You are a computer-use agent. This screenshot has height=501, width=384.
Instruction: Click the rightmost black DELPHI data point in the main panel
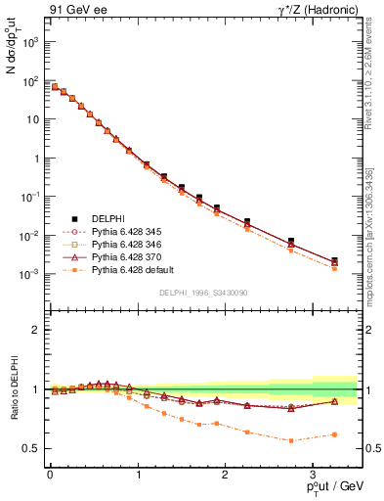click(334, 261)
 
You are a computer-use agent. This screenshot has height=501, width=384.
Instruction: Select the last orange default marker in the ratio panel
click(334, 434)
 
